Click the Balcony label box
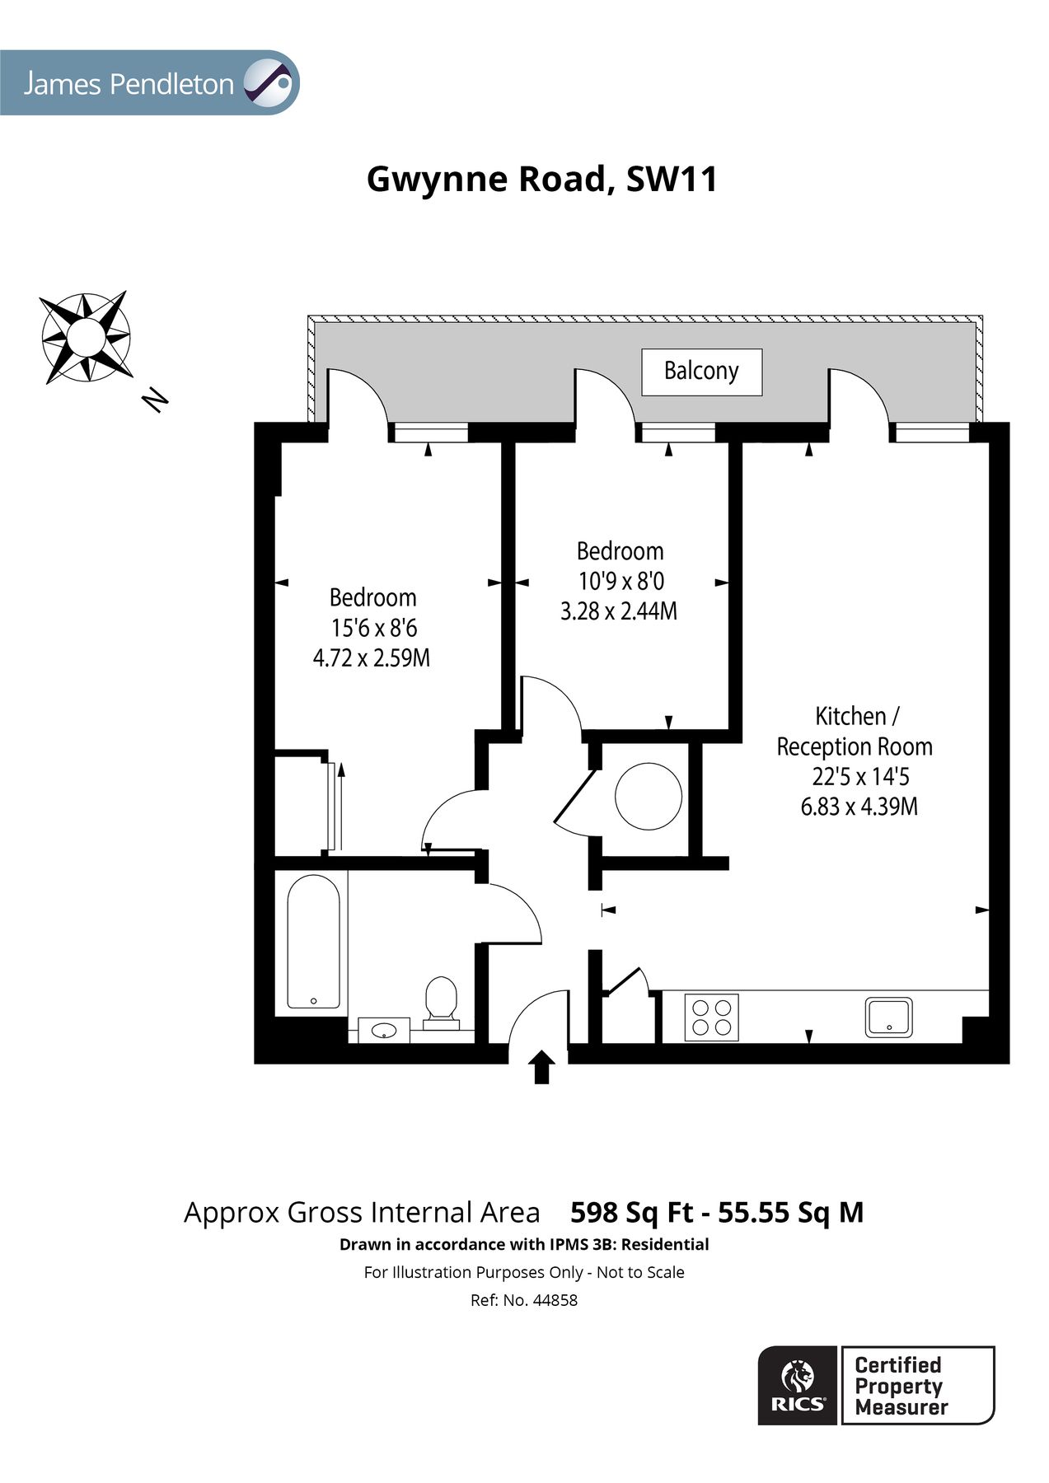pos(701,372)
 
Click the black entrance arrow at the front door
pos(541,1067)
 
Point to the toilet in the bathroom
pos(441,1000)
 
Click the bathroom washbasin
pos(384,1029)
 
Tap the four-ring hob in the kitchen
pos(711,1017)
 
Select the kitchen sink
pos(888,1017)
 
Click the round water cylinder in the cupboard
pos(649,796)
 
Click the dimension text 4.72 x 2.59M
pos(372,658)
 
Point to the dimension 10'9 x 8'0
pos(621,582)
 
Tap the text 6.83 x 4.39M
pos(859,807)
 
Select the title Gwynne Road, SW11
pos(541,179)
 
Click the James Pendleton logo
pos(148,83)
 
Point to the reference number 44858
pos(555,1300)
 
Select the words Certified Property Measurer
pos(901,1386)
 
